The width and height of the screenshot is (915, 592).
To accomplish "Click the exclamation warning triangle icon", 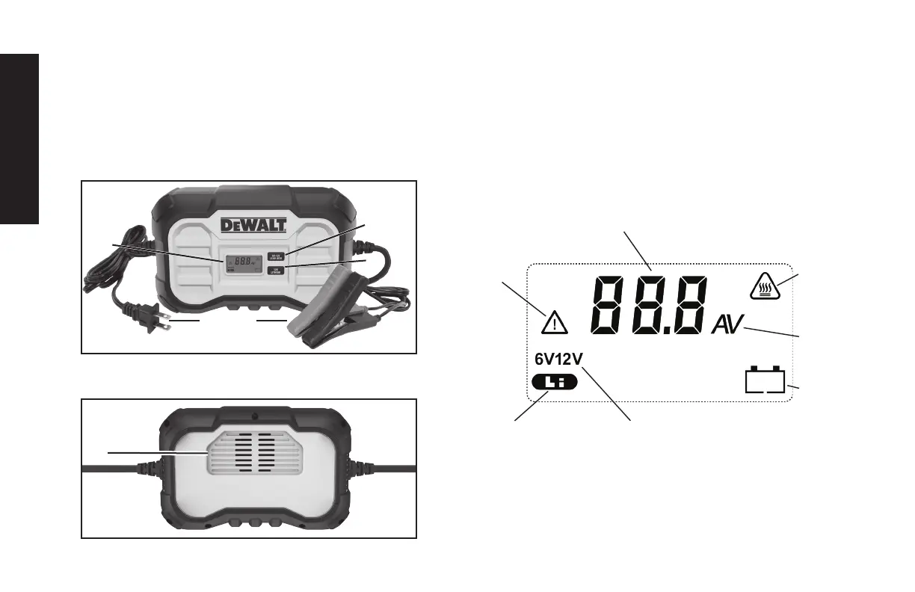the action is [x=554, y=323].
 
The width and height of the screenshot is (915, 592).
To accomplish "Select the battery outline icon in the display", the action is [x=765, y=380].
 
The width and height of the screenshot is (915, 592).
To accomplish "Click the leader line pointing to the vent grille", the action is [x=157, y=453].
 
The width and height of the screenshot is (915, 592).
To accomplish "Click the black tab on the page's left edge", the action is [x=19, y=138].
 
